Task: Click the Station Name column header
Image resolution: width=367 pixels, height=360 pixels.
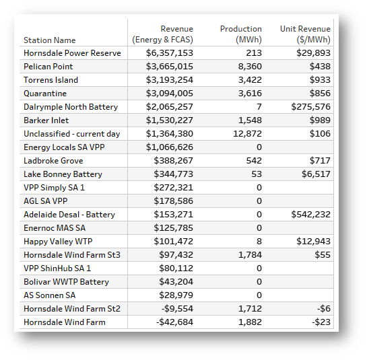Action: pos(50,40)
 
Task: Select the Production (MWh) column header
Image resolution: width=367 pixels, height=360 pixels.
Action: pos(241,34)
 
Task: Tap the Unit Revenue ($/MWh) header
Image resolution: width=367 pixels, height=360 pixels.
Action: pos(305,34)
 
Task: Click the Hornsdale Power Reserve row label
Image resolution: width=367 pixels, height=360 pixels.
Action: pos(72,53)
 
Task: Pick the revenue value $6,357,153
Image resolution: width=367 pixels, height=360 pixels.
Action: pos(170,53)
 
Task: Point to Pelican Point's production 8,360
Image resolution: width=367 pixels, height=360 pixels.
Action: pos(250,67)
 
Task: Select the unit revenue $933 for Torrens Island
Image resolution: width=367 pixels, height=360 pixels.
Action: pos(320,80)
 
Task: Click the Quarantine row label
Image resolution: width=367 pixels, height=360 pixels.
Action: pos(45,94)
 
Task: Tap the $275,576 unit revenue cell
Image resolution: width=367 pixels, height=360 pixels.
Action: pos(311,107)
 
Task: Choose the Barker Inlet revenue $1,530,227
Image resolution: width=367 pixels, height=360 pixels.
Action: pos(170,120)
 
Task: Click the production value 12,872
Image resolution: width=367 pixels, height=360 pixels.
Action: pos(247,134)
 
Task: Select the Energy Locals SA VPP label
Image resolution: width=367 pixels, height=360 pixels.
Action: pos(64,147)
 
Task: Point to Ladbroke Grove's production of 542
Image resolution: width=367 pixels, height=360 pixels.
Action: pos(254,161)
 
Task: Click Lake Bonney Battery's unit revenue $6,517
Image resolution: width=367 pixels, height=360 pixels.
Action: pos(316,174)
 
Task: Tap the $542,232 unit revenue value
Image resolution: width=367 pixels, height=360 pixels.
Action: pos(311,215)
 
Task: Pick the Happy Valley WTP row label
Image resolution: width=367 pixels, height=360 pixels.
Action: pos(58,242)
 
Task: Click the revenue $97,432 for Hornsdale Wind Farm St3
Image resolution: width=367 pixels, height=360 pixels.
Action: pos(176,255)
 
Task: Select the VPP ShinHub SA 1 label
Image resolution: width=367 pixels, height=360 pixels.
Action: pos(57,268)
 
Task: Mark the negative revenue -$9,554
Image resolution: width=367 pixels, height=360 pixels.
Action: pos(177,309)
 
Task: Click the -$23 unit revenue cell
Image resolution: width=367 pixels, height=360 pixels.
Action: pos(321,322)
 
